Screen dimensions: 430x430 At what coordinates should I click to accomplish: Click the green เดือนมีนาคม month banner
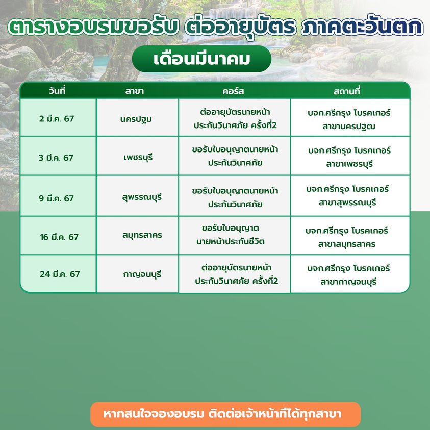point(201,59)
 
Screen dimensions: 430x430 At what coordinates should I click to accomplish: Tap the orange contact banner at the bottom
point(225,414)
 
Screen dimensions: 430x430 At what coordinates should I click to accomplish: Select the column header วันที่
point(57,91)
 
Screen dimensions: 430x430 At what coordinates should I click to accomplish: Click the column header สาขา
point(134,91)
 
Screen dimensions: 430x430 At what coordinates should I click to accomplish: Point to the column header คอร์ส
point(233,91)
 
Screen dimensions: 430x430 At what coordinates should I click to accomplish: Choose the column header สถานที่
point(347,91)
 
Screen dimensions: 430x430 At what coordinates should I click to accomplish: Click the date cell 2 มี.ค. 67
point(58,117)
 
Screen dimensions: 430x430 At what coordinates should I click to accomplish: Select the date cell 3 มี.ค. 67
point(58,156)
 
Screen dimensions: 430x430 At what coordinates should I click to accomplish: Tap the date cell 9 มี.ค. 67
point(58,196)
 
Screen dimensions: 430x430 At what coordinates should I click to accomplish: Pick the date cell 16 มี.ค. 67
point(58,235)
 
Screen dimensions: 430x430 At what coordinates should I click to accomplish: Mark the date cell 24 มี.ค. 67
point(58,273)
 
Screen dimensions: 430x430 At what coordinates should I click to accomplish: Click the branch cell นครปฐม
point(138,117)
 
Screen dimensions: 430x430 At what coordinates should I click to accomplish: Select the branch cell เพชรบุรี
point(138,156)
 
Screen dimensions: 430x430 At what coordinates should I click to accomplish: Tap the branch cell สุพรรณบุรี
point(138,196)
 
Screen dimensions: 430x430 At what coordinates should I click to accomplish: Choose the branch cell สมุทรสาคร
point(138,235)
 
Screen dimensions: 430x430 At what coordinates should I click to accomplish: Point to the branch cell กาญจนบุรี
point(138,273)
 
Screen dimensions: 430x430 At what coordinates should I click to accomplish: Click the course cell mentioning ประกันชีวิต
point(235,235)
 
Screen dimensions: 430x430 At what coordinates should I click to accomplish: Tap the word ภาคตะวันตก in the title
point(362,27)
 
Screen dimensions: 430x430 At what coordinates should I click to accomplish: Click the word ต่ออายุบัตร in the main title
point(240,28)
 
